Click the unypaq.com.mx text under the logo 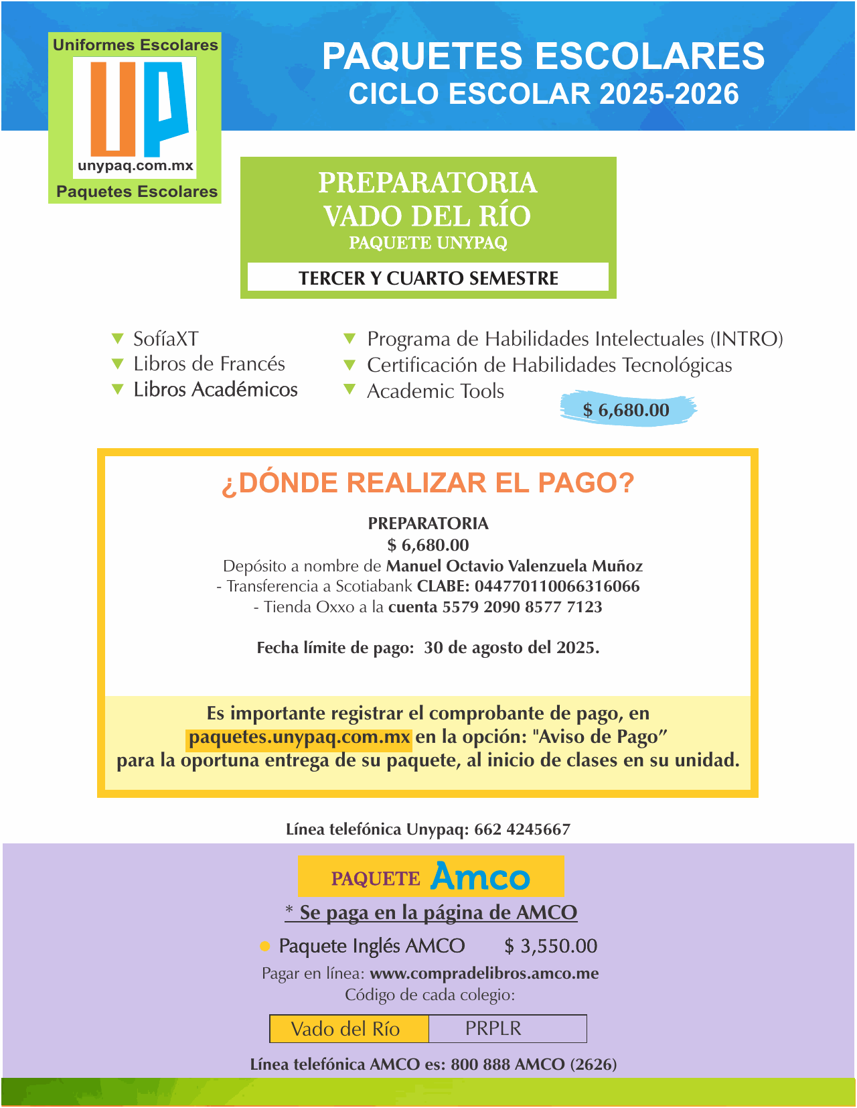(135, 165)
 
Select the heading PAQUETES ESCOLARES (543, 56)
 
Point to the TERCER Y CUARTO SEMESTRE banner (428, 278)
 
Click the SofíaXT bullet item (165, 339)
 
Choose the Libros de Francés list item (209, 364)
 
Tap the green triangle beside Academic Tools (349, 389)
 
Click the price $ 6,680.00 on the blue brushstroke (626, 410)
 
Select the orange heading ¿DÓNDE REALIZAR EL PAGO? (428, 483)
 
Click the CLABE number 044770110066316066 (557, 587)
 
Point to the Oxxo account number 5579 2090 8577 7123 (522, 608)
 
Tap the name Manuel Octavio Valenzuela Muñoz (514, 566)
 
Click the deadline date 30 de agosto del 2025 (512, 648)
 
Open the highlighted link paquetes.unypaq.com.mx (299, 738)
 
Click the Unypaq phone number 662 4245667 (522, 829)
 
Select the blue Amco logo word (480, 876)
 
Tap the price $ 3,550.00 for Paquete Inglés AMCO (550, 946)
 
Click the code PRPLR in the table (493, 1028)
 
